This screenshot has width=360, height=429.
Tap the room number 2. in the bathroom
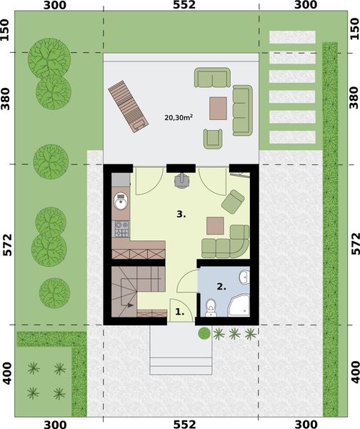[x=221, y=286]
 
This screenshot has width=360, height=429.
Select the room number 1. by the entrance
[x=179, y=312]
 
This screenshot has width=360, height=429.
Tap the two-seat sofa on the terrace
[x=213, y=77]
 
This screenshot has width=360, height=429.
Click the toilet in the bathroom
[x=211, y=307]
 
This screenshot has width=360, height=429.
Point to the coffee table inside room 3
[x=214, y=225]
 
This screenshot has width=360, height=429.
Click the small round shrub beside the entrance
[x=204, y=333]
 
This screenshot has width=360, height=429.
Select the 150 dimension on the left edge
[x=7, y=31]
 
